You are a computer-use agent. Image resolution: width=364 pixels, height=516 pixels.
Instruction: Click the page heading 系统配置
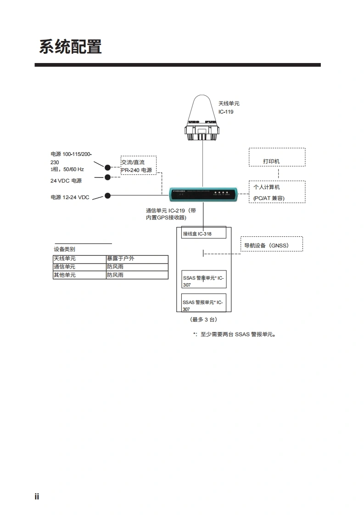[x=70, y=47]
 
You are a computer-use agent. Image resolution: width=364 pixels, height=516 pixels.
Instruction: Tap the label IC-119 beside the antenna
[x=226, y=112]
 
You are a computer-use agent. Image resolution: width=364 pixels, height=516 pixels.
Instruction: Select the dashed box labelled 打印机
[x=277, y=157]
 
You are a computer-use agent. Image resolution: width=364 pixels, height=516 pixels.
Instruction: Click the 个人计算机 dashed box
[x=277, y=192]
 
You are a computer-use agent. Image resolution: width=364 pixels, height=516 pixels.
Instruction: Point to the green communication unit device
[x=203, y=195]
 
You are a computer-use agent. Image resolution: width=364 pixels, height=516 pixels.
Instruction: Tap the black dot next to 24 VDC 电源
[x=108, y=177]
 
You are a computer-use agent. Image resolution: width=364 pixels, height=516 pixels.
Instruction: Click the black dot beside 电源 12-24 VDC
[x=108, y=195]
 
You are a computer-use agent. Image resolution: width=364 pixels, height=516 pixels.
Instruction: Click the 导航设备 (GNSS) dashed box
[x=272, y=244]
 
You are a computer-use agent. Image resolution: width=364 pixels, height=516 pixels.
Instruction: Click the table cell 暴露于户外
[x=136, y=258]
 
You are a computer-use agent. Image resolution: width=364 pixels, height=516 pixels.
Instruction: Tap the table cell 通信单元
[x=79, y=267]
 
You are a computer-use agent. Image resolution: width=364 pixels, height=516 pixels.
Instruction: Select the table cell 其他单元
[x=79, y=275]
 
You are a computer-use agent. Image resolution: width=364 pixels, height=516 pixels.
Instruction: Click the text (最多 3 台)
[x=203, y=319]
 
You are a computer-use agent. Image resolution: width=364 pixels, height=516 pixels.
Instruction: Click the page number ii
[x=37, y=496]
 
